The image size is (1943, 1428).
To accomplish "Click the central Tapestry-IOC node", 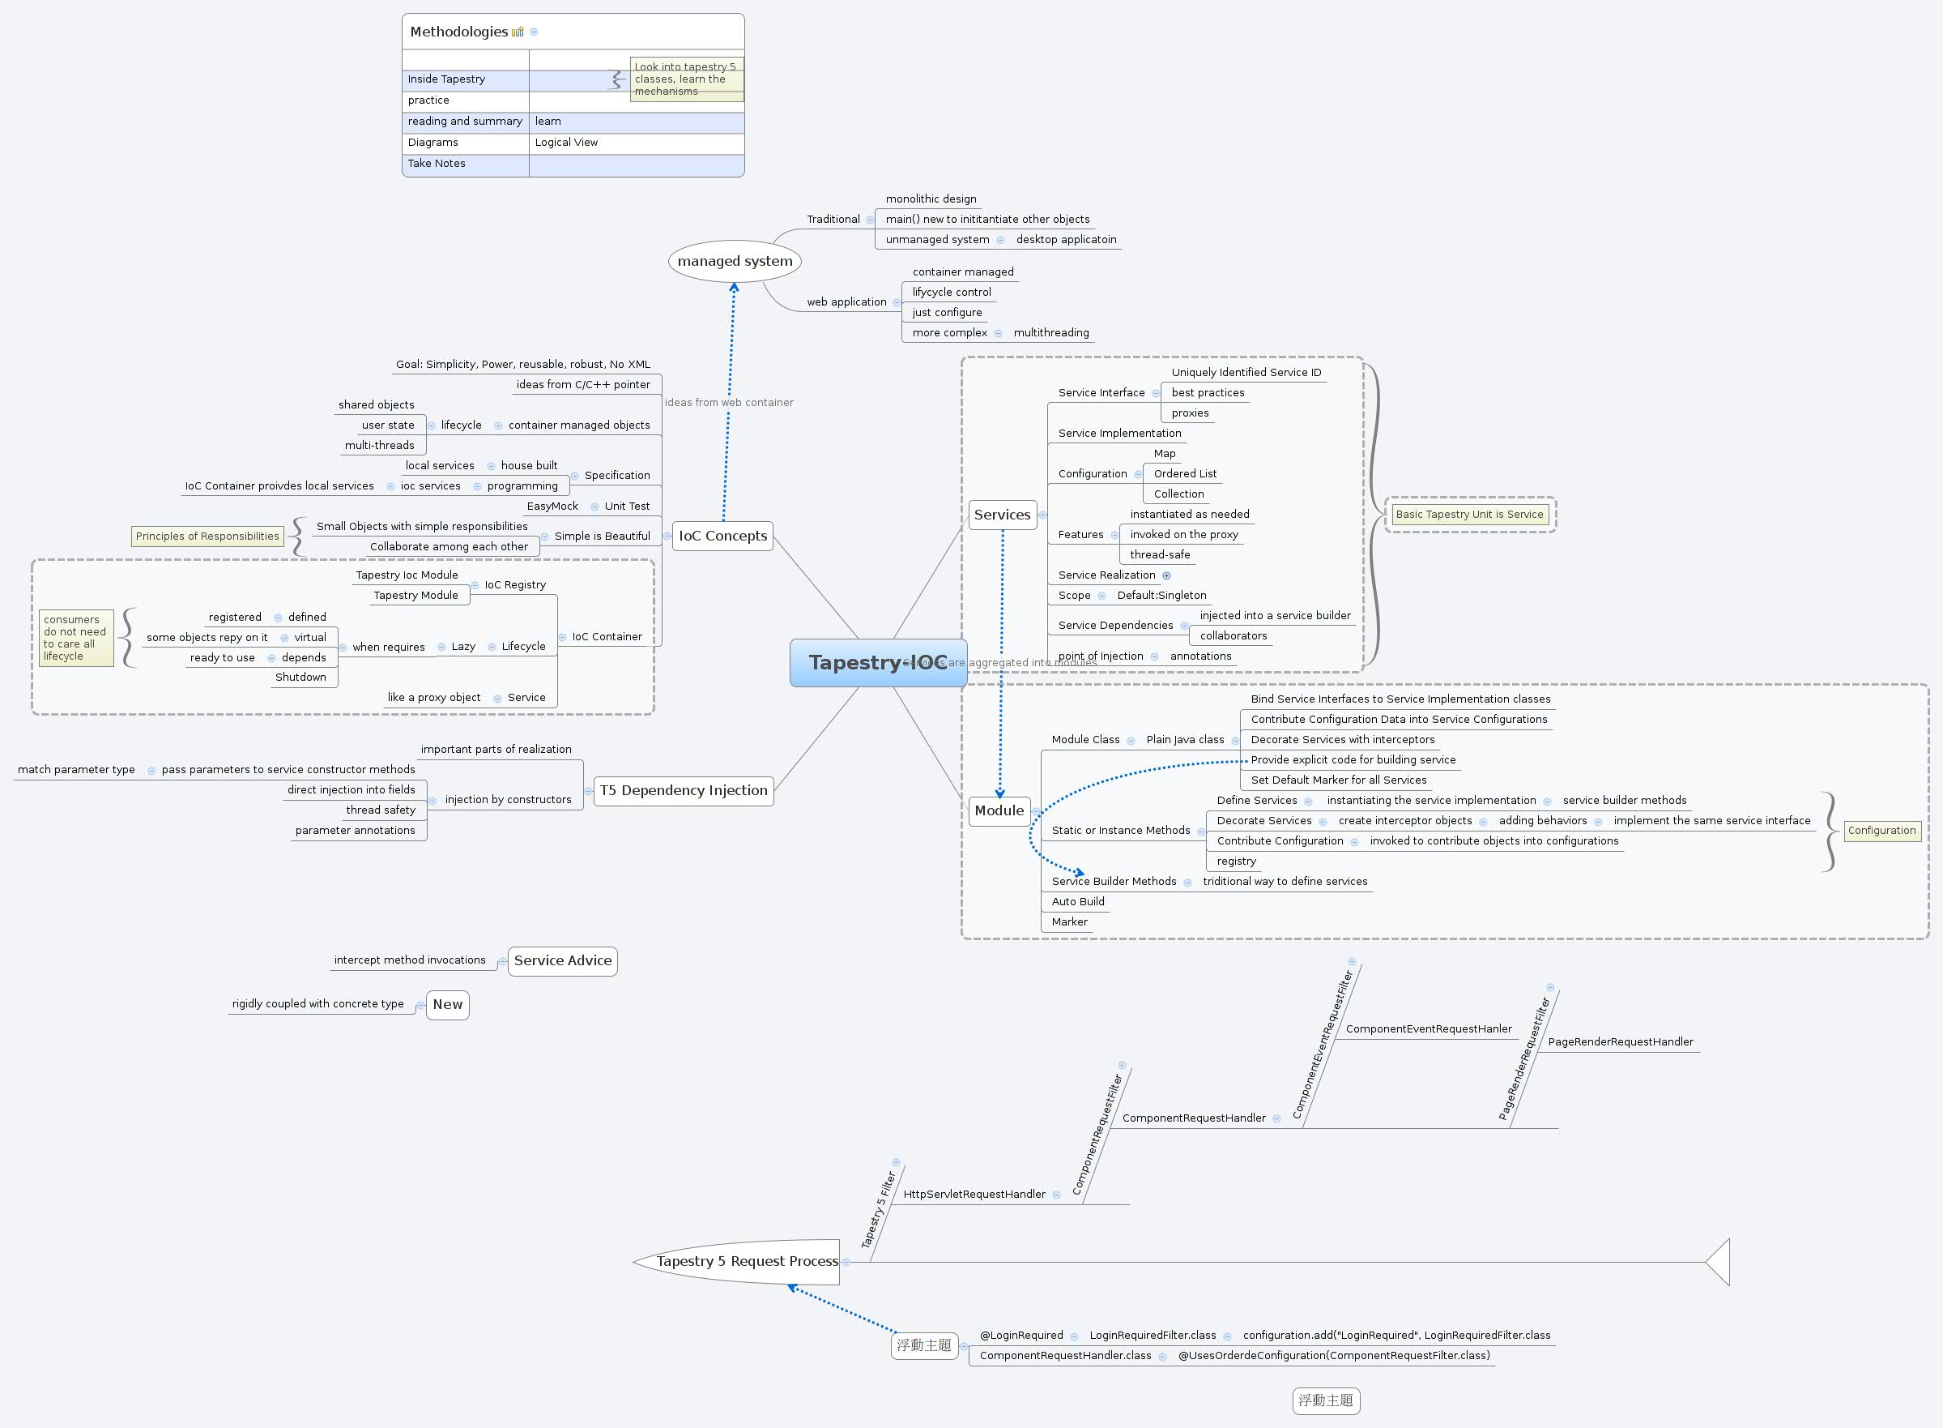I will click(878, 663).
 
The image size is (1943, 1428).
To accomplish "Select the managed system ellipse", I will click(735, 261).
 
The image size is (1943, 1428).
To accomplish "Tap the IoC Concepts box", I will click(722, 536).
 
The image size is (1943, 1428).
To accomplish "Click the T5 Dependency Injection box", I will click(684, 790).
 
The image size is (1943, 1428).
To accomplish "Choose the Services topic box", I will click(1001, 515).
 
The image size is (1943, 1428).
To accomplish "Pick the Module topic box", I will click(999, 810).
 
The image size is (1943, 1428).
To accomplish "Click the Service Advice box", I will click(562, 960).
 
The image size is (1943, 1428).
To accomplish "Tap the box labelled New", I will click(448, 1004).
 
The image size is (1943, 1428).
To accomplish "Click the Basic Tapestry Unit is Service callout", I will click(1468, 515).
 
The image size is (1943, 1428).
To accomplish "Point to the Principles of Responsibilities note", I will click(207, 536).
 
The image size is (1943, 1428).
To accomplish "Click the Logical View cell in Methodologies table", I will click(566, 143).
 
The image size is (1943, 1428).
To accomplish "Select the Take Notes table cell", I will click(437, 164).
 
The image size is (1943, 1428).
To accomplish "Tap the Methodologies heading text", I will click(458, 32).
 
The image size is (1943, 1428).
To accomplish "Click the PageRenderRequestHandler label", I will click(1620, 1041).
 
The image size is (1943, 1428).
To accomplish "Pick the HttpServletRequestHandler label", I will click(974, 1194).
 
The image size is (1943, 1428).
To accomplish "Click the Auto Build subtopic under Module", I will click(1077, 901).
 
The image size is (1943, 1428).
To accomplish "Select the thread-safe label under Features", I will click(1160, 555).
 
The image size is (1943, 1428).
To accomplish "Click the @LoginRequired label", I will click(1021, 1336).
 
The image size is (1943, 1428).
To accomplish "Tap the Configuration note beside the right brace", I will click(1881, 831).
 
